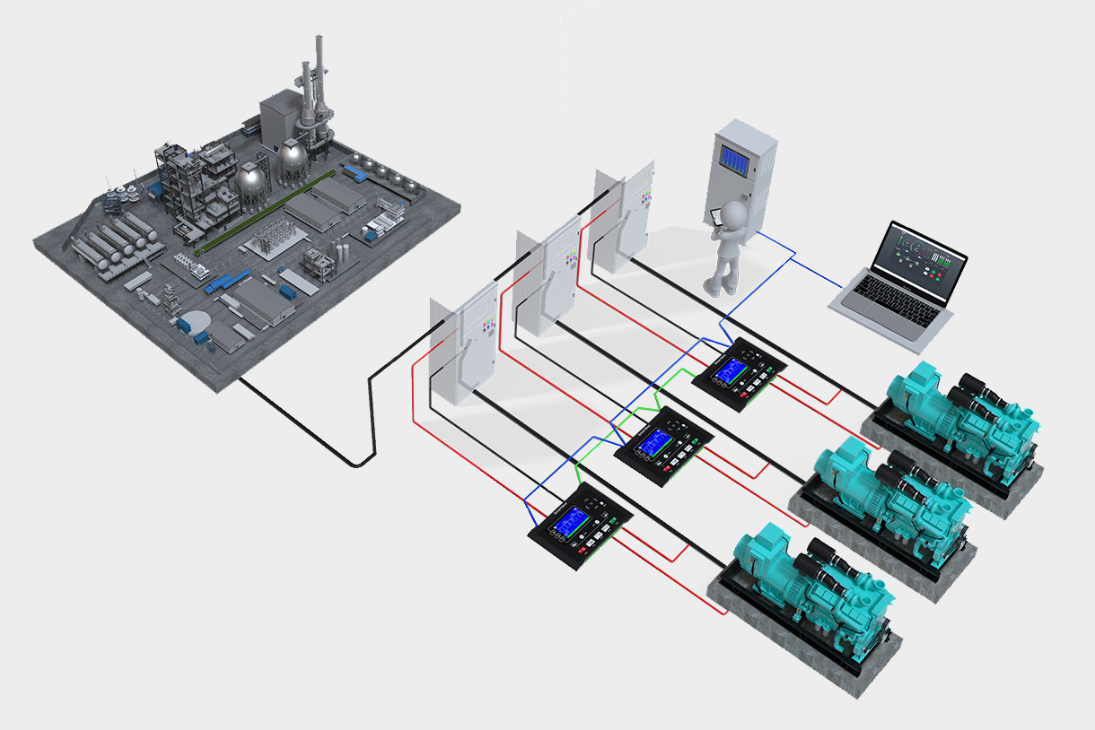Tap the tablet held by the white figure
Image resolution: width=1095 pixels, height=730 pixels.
coord(715,216)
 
